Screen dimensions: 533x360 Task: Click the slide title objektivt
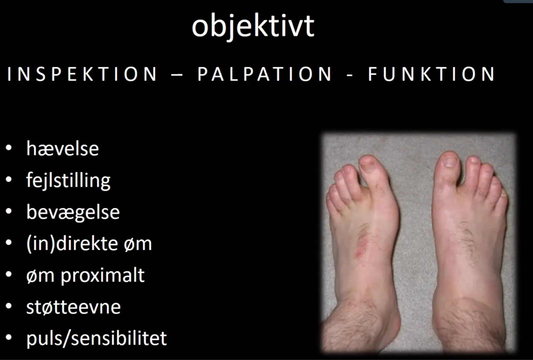253,26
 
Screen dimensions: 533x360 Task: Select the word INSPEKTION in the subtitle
82,74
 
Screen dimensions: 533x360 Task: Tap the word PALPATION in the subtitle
265,74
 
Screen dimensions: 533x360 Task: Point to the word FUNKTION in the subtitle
431,74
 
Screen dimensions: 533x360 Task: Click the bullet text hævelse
63,149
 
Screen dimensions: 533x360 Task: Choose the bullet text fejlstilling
68,180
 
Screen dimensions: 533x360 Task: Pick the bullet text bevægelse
73,212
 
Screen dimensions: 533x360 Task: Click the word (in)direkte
72,244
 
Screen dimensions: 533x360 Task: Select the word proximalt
103,276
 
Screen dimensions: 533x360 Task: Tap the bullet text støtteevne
74,307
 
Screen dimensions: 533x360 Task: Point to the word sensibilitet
119,338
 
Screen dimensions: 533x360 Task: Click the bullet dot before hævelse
9,148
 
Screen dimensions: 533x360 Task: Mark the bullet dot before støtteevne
9,306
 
